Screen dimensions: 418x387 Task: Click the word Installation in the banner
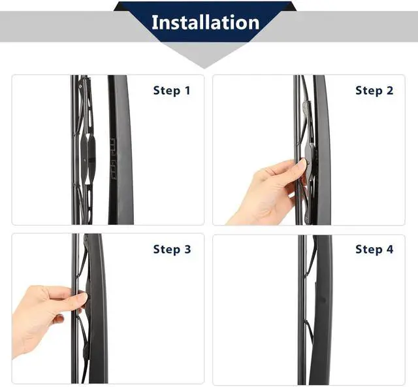click(206, 22)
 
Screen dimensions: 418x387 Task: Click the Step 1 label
click(172, 90)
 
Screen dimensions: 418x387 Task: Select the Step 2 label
click(374, 90)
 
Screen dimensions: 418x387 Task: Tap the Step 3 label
click(172, 249)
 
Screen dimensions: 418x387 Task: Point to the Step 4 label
click(374, 249)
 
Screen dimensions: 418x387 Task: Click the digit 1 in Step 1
click(187, 90)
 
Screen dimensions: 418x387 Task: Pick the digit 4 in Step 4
click(390, 249)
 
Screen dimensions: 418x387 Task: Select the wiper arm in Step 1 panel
click(120, 150)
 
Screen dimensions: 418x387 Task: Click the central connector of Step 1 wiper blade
click(88, 158)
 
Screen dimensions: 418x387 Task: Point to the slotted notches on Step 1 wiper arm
click(113, 159)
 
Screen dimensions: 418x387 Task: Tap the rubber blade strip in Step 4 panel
click(302, 310)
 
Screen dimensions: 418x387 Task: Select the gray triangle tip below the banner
click(204, 67)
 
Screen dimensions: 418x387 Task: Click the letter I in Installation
click(154, 22)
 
